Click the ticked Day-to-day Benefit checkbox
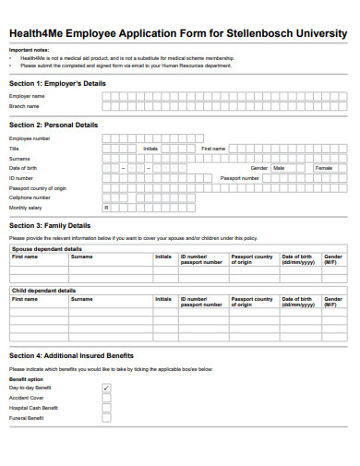[x=106, y=388]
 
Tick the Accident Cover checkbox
[x=106, y=398]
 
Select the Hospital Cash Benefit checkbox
[x=106, y=408]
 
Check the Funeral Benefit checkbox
[x=106, y=418]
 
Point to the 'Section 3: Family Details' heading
[x=50, y=225]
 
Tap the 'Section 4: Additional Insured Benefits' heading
[x=71, y=355]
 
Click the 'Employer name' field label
[x=27, y=96]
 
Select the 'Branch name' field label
[x=24, y=106]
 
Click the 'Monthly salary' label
[x=25, y=208]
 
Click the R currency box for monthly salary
[x=106, y=208]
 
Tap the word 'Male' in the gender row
[x=279, y=168]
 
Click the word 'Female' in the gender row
[x=324, y=168]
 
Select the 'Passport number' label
[x=239, y=178]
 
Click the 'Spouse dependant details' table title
[x=46, y=249]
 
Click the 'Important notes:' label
[x=28, y=50]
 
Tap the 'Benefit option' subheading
[x=26, y=379]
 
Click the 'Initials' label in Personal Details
[x=151, y=148]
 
